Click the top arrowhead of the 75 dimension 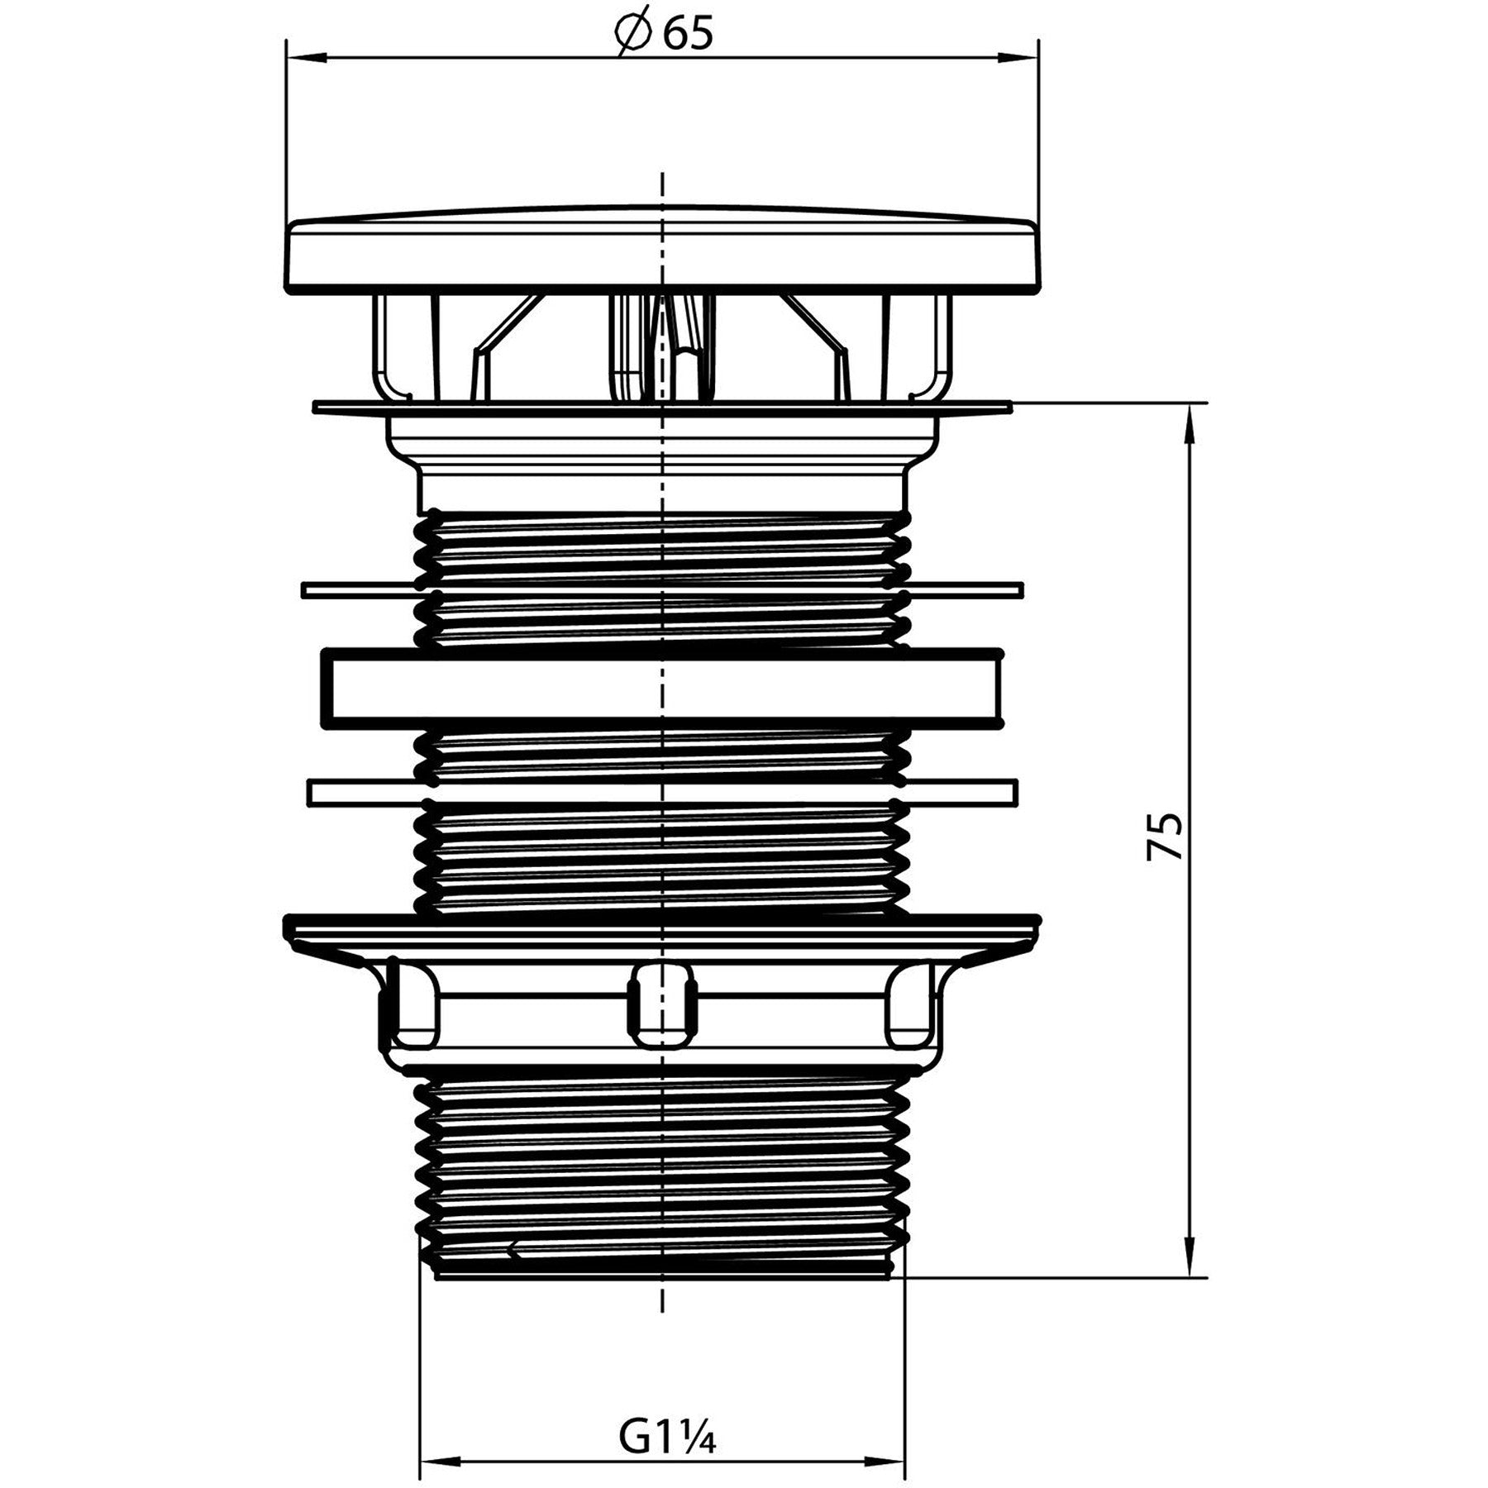point(1190,422)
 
